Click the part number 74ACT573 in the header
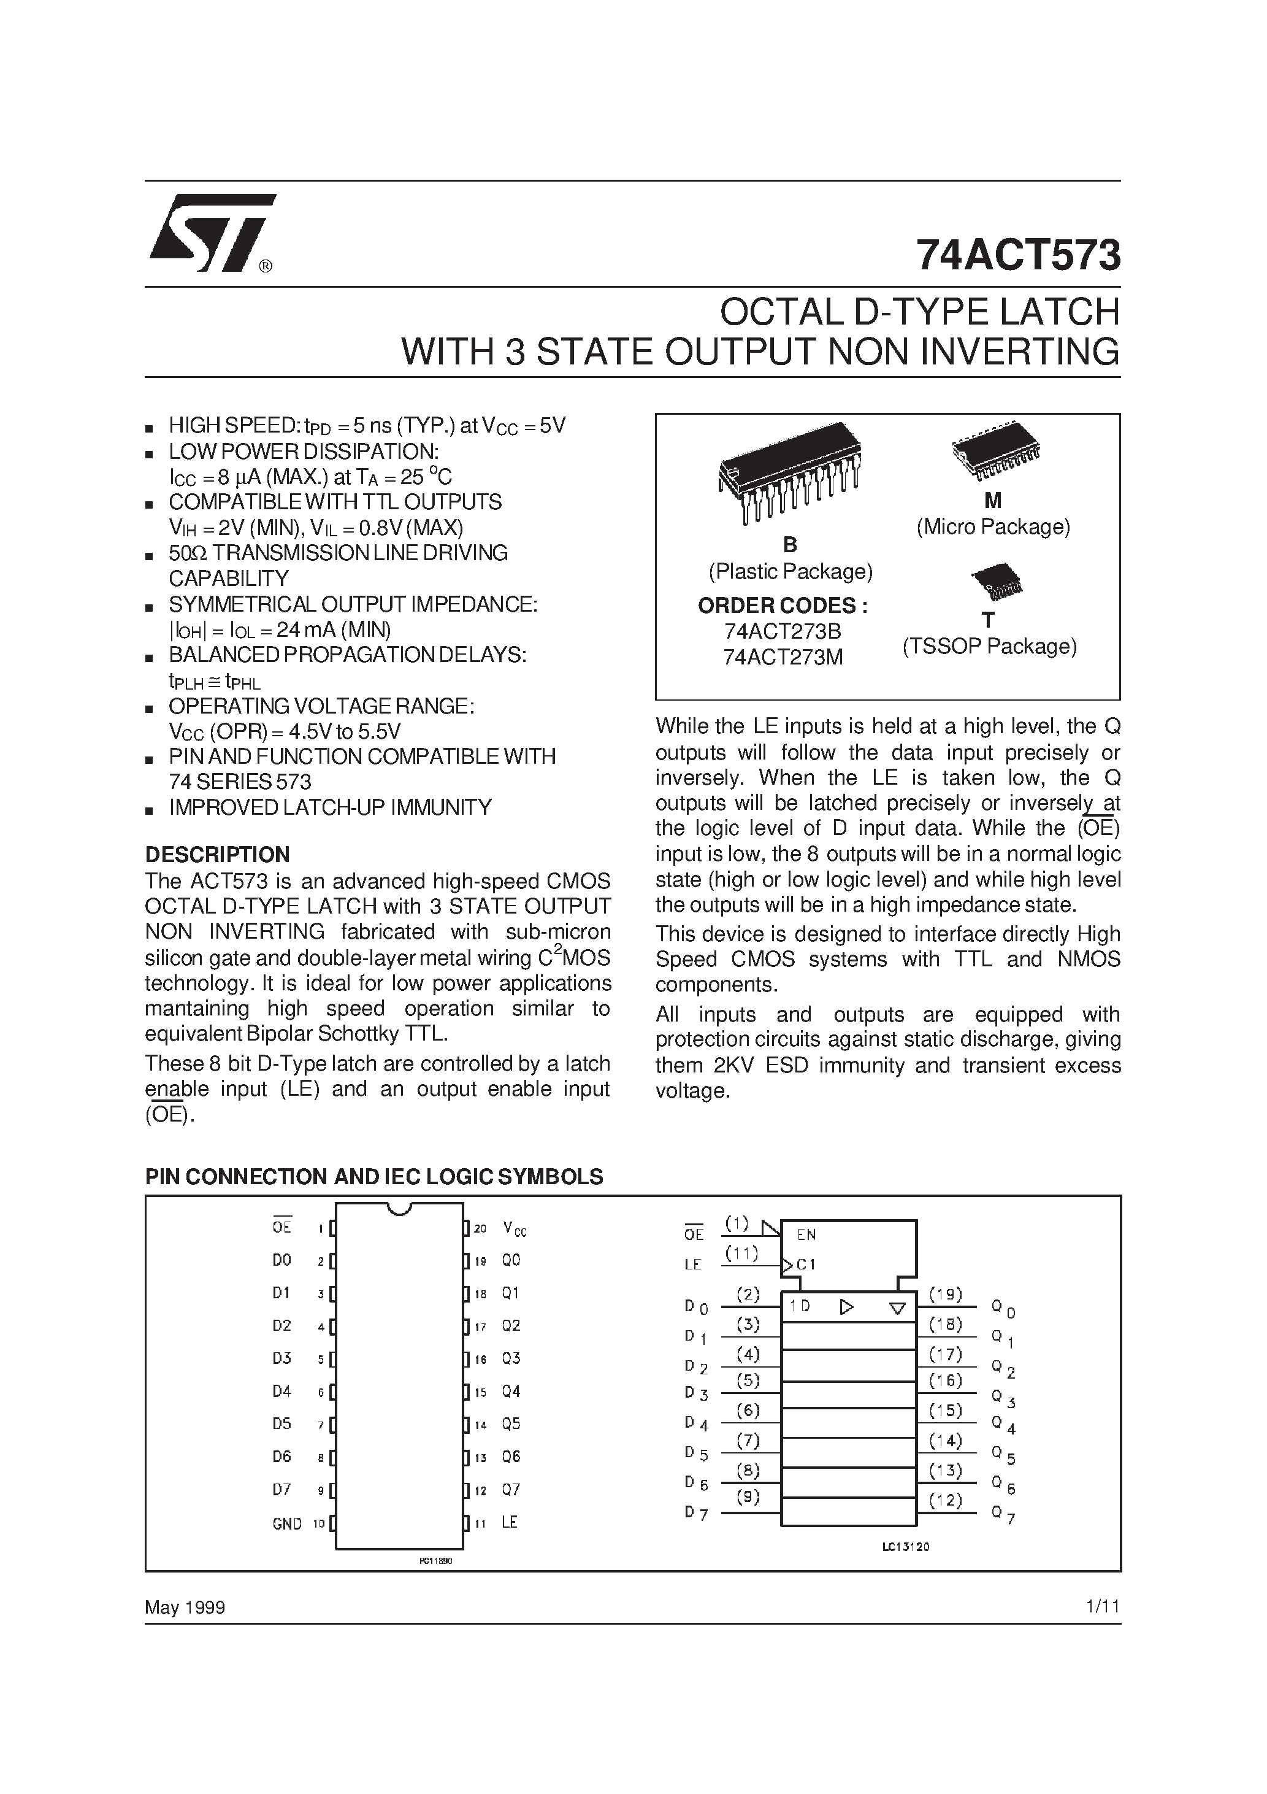pos(1018,255)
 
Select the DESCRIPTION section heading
pos(217,854)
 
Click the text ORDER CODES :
pos(783,606)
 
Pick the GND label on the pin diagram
pos(286,1523)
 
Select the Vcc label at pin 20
pos(515,1229)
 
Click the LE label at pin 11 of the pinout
pos(509,1522)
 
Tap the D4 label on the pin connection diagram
pos(282,1392)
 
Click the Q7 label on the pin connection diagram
pos(511,1489)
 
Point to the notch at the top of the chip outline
pos(399,1209)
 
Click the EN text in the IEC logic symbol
pos(806,1234)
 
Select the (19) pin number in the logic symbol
pos(945,1294)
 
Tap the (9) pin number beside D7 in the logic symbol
pos(748,1496)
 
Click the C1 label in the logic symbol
pos(806,1263)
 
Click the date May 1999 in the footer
pos(185,1607)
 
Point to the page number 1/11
pos(1102,1606)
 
